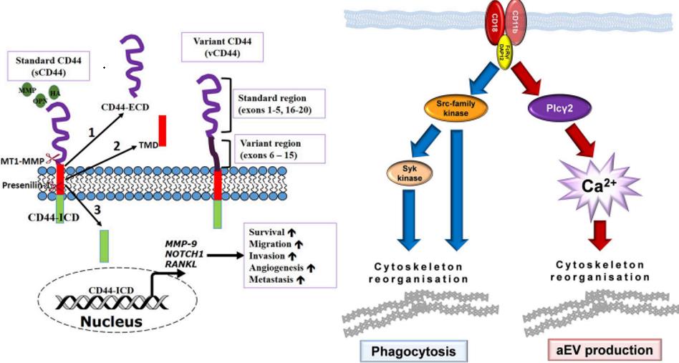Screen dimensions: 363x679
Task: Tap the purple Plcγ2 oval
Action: pyautogui.click(x=557, y=110)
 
